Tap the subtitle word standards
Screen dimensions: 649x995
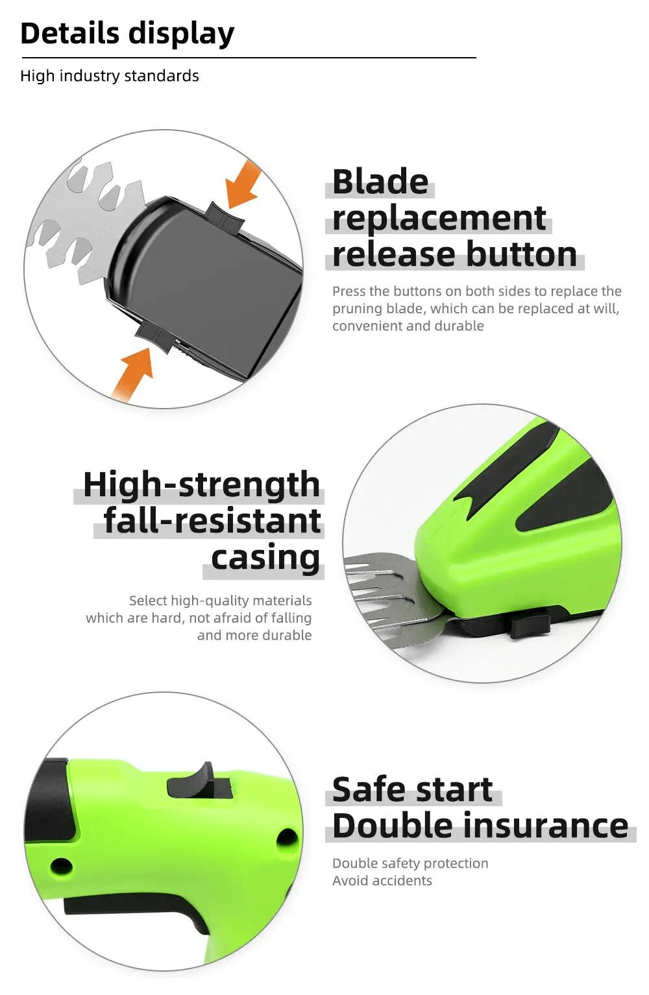[x=162, y=75]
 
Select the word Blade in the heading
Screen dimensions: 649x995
[x=380, y=182]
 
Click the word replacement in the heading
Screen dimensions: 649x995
[x=439, y=219]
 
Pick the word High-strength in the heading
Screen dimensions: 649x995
[x=201, y=486]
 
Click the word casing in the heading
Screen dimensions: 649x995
[x=265, y=558]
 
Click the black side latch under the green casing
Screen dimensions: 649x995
[x=531, y=627]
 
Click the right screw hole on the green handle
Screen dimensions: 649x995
[x=287, y=838]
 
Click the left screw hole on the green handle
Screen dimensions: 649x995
[x=62, y=865]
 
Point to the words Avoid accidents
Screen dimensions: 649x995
[x=382, y=880]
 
